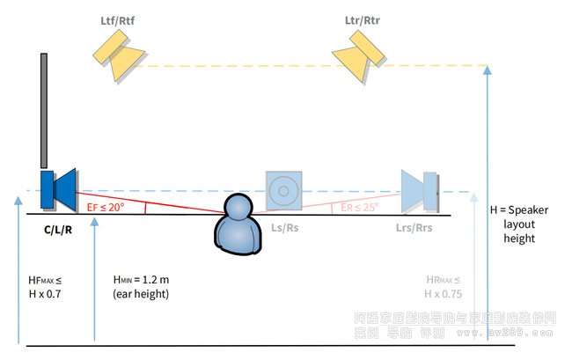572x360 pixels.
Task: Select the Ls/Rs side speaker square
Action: click(x=283, y=190)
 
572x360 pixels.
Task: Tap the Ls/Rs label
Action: click(x=283, y=227)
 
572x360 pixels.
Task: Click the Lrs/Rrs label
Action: click(x=412, y=227)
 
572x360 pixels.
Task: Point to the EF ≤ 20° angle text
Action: click(x=106, y=207)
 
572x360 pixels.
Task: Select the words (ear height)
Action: click(x=140, y=292)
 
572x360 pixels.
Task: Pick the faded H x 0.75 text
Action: click(x=443, y=293)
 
